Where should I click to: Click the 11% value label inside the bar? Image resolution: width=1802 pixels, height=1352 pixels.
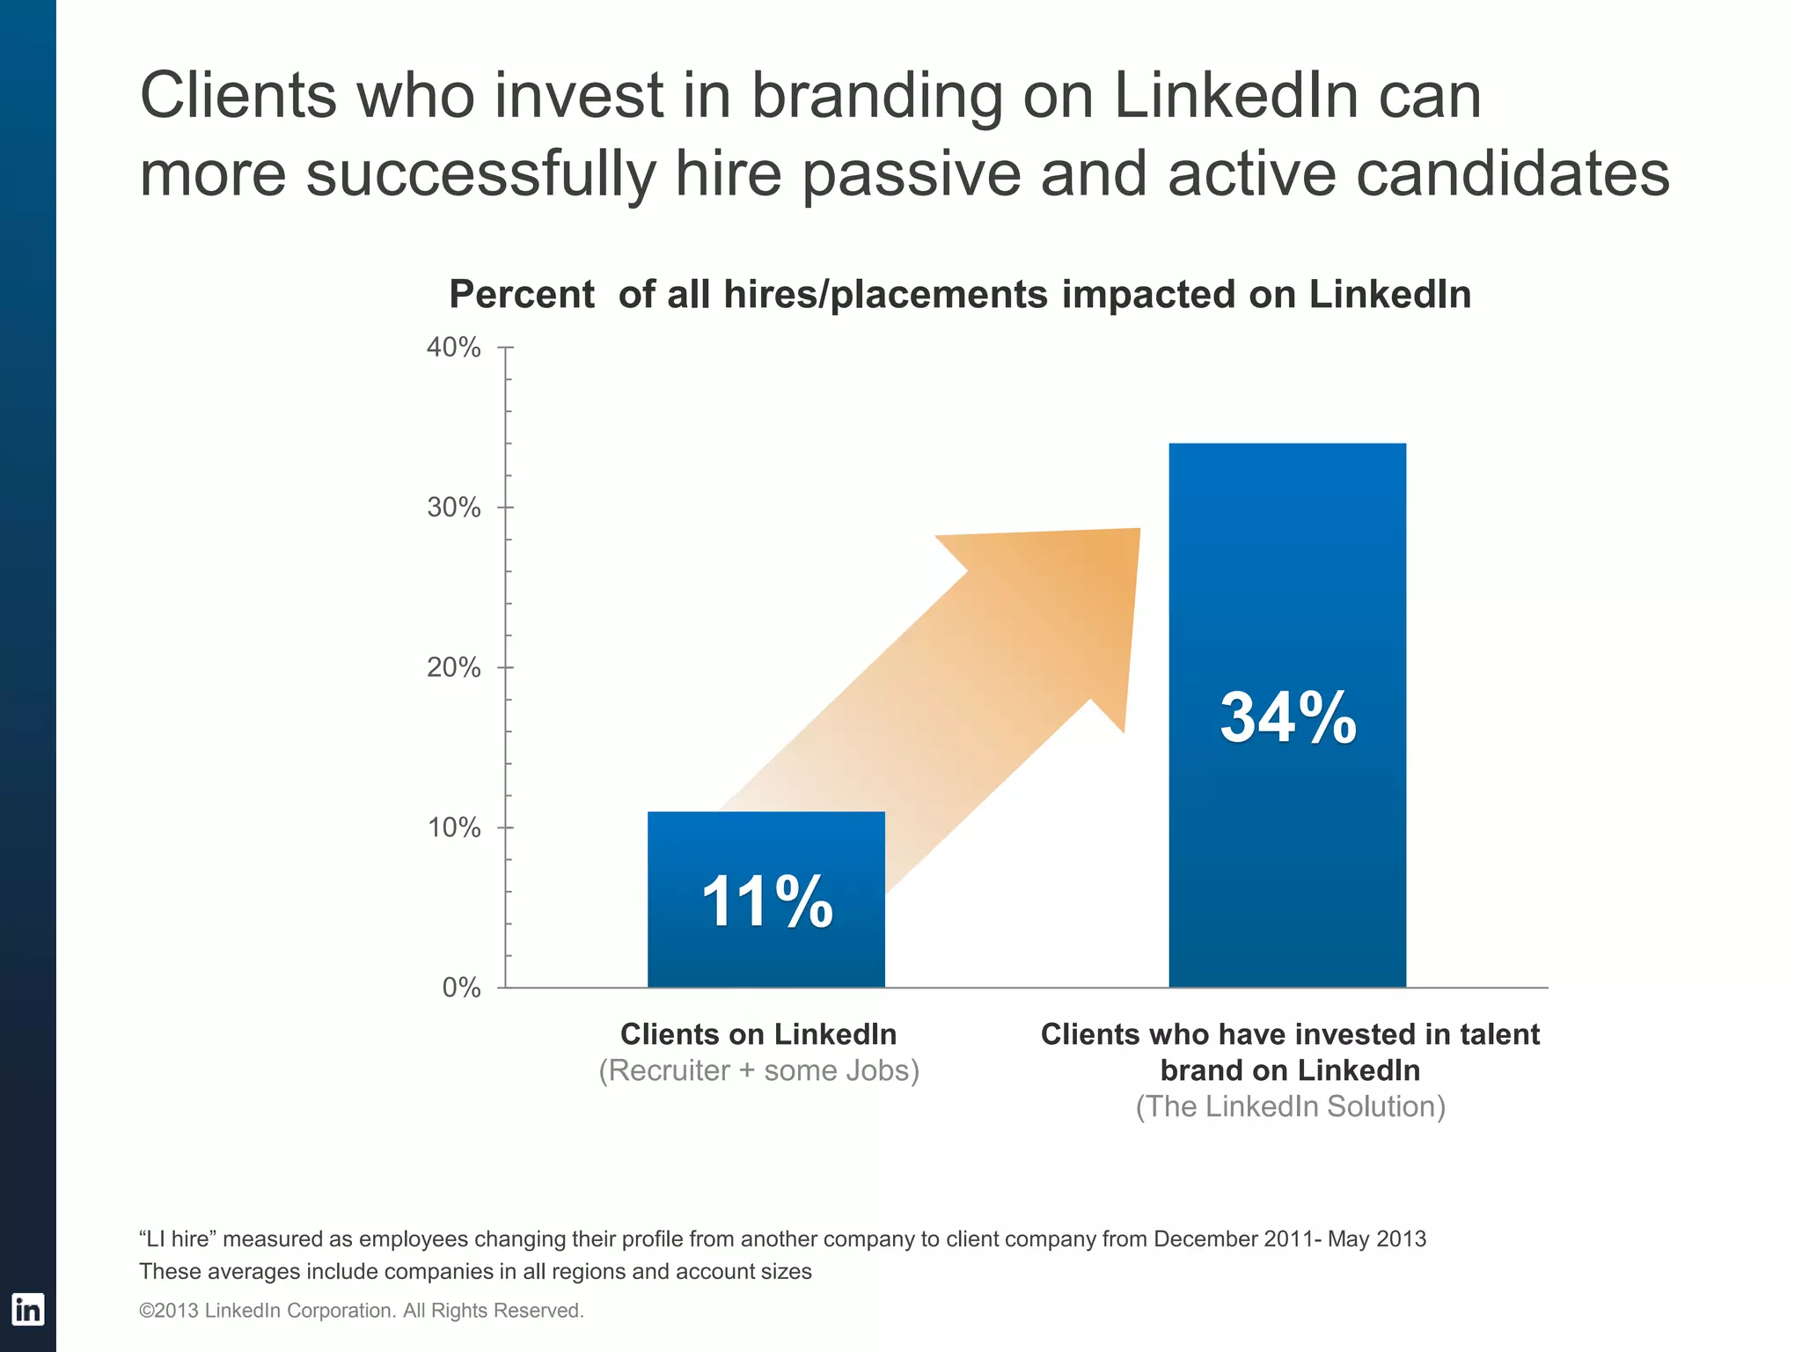(x=766, y=902)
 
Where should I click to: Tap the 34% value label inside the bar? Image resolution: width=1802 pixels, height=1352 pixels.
(x=1287, y=718)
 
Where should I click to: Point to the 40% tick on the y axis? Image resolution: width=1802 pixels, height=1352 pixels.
(x=454, y=348)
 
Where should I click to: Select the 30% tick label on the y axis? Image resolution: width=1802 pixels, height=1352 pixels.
(x=454, y=508)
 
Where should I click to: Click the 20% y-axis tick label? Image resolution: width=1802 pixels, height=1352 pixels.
(x=454, y=668)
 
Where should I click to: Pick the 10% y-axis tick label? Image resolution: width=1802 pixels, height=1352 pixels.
(x=454, y=828)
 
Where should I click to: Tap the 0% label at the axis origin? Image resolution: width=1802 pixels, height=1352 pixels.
(x=461, y=988)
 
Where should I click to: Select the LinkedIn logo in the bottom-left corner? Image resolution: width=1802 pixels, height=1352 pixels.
(x=27, y=1310)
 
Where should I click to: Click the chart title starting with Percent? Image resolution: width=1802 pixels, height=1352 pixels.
(x=960, y=295)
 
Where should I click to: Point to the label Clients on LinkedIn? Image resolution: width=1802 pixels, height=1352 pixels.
(x=758, y=1034)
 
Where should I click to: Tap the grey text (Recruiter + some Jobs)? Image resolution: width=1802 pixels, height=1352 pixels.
(x=758, y=1070)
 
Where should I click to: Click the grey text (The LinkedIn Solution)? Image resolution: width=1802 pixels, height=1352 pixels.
(x=1290, y=1106)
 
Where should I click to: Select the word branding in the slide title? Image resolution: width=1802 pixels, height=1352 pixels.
(x=876, y=96)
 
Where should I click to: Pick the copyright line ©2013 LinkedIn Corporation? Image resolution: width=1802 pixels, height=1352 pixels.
(x=362, y=1311)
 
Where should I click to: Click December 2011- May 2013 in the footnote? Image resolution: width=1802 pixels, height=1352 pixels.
(x=1289, y=1239)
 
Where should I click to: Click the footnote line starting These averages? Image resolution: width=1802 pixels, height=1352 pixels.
(x=475, y=1272)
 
